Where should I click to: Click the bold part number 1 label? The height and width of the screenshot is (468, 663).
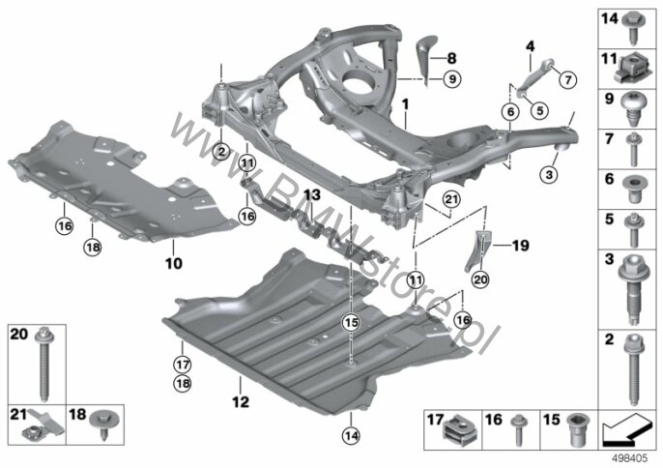[x=406, y=103]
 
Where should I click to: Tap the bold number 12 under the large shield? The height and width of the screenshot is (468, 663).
[x=240, y=401]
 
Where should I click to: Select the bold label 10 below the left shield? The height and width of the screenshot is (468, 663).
[x=173, y=263]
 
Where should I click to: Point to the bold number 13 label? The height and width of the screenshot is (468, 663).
[x=311, y=195]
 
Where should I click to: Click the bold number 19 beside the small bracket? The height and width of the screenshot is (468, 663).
[x=521, y=245]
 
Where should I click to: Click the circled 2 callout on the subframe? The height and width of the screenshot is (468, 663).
[x=221, y=151]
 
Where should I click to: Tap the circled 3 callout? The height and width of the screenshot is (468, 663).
[x=549, y=174]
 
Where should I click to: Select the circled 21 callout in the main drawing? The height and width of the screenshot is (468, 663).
[x=451, y=199]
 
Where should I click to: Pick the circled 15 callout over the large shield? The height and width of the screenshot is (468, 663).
[x=352, y=323]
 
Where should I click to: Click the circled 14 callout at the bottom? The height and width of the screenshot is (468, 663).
[x=352, y=435]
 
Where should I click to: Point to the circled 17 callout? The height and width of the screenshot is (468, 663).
[x=183, y=365]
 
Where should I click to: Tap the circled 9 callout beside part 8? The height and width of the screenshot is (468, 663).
[x=452, y=78]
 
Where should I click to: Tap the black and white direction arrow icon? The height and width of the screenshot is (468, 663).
[x=627, y=429]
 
